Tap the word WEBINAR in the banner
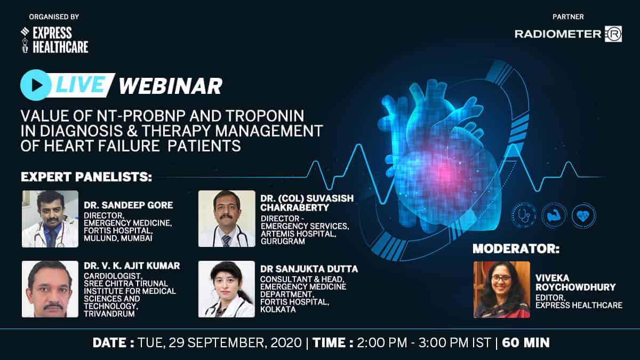(171, 86)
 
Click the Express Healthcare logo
(54, 39)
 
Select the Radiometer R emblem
(613, 34)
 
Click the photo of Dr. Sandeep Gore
(50, 219)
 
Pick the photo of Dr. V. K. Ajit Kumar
(50, 289)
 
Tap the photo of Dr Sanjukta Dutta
(227, 289)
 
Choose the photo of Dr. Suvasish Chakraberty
(227, 219)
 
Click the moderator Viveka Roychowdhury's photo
(502, 290)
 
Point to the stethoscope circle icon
(524, 215)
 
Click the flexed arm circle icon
(554, 215)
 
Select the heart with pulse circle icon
(583, 215)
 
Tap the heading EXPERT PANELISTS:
(86, 177)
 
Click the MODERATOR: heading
(516, 249)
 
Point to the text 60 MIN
(526, 343)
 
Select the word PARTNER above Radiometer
(568, 17)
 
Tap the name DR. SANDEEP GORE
(129, 205)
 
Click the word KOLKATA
(278, 309)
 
